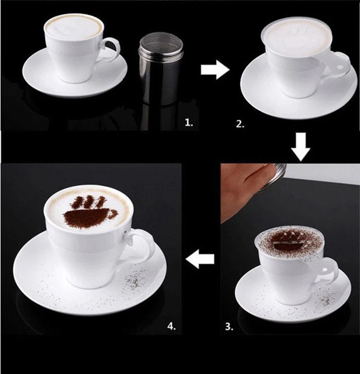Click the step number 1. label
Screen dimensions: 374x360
(x=189, y=123)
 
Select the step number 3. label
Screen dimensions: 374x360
(x=229, y=327)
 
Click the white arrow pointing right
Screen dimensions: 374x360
(x=215, y=70)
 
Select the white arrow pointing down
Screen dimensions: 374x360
(x=301, y=148)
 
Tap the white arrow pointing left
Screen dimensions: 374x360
(x=200, y=261)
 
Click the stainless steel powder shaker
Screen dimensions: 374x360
(x=160, y=72)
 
